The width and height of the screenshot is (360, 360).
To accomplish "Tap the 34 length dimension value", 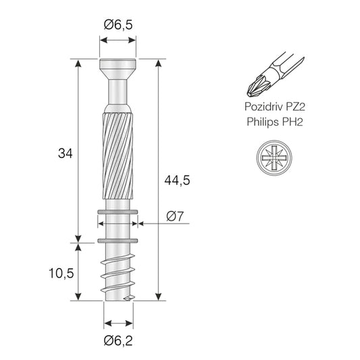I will (66, 153).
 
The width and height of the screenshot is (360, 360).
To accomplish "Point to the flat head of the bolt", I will (118, 67).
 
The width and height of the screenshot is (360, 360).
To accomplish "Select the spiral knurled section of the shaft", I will (118, 155).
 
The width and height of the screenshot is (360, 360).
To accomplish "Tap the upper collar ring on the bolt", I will (118, 213).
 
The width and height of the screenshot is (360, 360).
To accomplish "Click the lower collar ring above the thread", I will (118, 240).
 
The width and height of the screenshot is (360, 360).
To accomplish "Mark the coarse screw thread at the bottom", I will (118, 274).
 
